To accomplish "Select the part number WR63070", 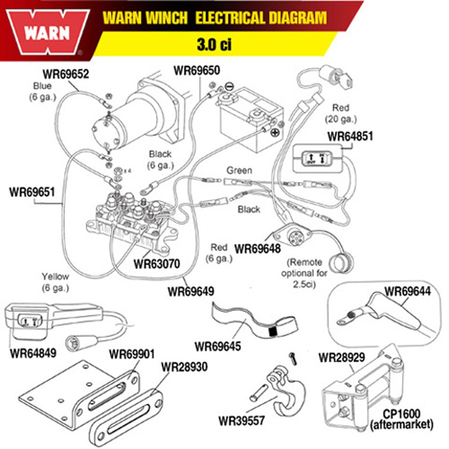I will (157, 264).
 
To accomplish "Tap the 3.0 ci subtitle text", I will (214, 44).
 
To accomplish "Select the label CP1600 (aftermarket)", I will (402, 419).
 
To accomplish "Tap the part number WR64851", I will (350, 137).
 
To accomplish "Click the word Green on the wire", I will (239, 170).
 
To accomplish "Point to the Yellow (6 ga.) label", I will (55, 282).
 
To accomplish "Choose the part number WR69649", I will (191, 291).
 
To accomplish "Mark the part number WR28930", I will (184, 367).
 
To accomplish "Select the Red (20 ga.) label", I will (341, 113).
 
